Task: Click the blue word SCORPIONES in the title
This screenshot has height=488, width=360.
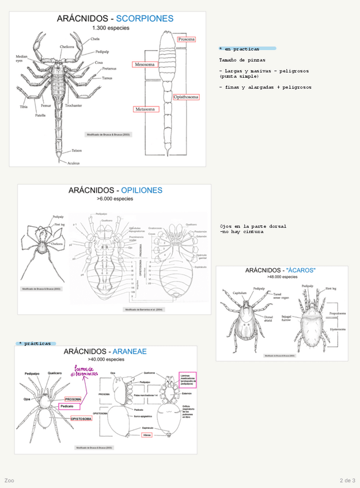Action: click(x=145, y=18)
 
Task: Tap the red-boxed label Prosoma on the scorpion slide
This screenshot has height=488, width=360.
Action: click(x=186, y=40)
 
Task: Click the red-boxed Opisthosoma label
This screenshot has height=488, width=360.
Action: click(x=186, y=97)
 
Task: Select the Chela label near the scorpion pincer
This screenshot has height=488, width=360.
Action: click(x=94, y=39)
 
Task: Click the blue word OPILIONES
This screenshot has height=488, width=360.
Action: click(x=142, y=190)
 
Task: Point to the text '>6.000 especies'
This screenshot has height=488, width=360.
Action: click(x=115, y=199)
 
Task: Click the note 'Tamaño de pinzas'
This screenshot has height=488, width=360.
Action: click(x=242, y=60)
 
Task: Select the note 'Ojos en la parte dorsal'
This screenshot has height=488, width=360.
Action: click(x=253, y=226)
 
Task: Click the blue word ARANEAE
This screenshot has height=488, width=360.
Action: click(x=130, y=351)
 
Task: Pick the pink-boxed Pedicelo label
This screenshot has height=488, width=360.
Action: click(x=67, y=406)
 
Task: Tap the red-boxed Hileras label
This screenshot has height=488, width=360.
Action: click(x=147, y=436)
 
